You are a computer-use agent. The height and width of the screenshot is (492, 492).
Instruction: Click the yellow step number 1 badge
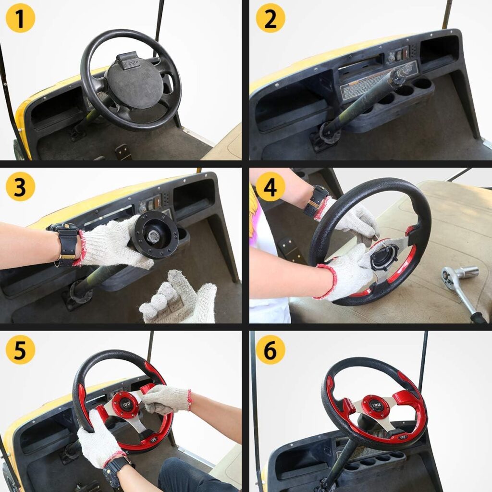[x=20, y=19]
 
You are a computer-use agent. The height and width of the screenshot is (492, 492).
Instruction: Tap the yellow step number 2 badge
[x=270, y=19]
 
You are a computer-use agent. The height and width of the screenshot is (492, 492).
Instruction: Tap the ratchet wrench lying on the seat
[x=461, y=288]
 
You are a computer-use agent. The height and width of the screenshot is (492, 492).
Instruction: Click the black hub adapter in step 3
[x=155, y=235]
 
